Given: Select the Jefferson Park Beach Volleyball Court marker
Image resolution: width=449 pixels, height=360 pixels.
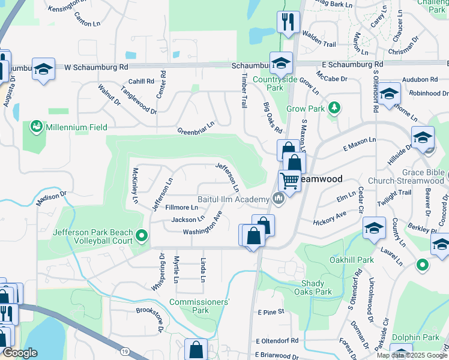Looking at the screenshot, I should click(142, 236).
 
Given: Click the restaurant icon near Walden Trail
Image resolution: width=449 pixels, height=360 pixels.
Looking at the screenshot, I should click(288, 23).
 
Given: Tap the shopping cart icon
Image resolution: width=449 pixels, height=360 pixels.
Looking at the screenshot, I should click(289, 180).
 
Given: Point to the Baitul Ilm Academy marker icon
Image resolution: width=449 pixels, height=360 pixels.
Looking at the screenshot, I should click(278, 197).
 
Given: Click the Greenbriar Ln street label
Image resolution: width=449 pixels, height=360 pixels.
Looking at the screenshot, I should click(196, 131).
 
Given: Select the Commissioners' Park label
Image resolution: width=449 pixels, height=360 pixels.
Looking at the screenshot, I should click(199, 306).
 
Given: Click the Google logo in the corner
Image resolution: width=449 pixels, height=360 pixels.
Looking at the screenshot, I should click(20, 353).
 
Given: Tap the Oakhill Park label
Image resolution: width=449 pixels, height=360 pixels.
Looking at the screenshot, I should click(351, 260).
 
